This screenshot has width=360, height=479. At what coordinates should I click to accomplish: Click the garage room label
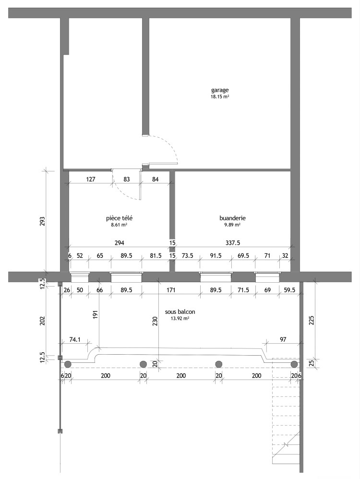220,90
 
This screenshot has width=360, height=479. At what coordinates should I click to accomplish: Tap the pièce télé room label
119,218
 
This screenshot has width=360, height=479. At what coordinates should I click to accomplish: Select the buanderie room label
233,218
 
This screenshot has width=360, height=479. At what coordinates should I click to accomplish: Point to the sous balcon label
180,312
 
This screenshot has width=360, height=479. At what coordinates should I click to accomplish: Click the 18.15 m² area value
220,97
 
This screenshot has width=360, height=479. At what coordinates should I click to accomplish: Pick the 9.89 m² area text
232,225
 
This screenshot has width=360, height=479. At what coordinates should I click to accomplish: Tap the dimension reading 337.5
233,243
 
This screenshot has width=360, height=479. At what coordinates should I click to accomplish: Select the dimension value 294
119,243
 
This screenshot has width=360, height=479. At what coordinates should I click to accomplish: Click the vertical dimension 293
42,221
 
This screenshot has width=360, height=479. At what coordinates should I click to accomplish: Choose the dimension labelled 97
283,339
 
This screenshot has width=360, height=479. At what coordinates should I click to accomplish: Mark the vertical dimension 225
312,320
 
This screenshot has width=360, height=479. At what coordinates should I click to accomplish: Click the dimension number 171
170,290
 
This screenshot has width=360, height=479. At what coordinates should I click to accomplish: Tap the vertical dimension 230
155,322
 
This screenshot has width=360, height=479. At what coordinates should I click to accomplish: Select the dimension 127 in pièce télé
91,180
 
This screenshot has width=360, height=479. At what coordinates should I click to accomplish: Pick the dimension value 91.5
216,256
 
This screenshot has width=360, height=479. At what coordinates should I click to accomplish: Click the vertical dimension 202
42,320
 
